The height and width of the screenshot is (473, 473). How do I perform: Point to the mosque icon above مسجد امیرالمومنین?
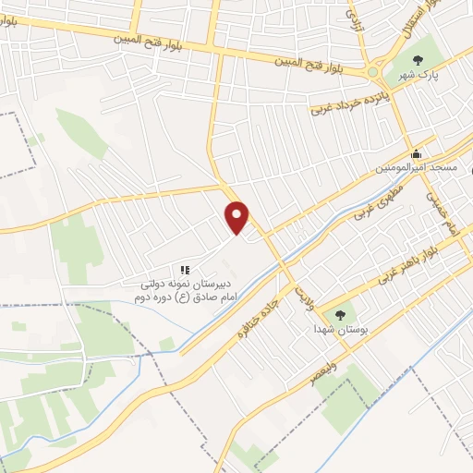pos(417,153)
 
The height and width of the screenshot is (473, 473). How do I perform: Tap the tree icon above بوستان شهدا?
pos(337,314)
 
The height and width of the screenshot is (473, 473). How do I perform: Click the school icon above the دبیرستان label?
pos(185,269)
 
